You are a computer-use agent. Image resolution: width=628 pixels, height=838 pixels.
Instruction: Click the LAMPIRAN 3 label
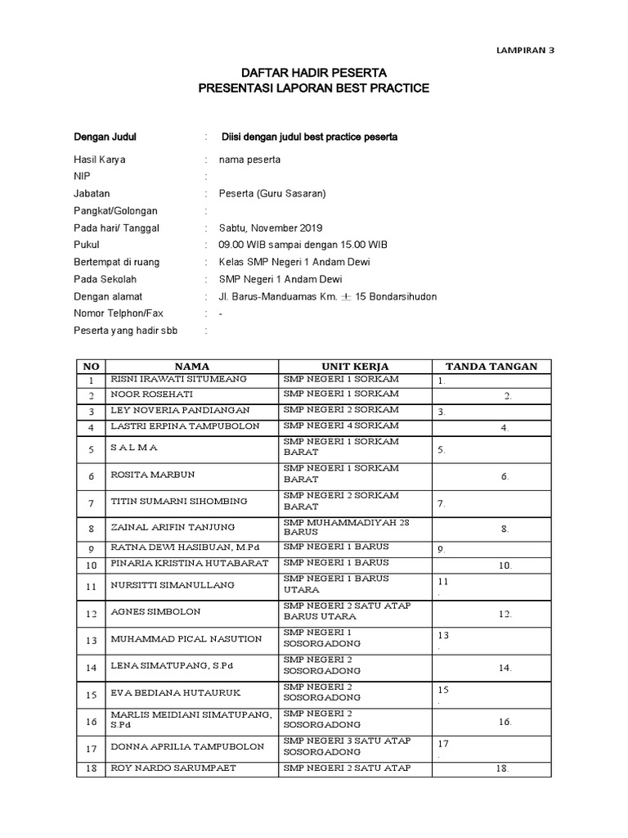pos(526,49)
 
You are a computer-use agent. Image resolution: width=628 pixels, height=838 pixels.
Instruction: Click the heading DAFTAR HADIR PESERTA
pos(314,73)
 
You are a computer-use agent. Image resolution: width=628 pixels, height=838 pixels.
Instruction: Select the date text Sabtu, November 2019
pos(271,228)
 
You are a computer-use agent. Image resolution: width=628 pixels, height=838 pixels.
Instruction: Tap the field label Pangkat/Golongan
pos(115,211)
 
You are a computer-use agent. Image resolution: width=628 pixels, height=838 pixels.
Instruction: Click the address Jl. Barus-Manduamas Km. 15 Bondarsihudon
pos(327,296)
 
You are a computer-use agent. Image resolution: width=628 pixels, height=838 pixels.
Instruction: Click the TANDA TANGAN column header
pos(491,366)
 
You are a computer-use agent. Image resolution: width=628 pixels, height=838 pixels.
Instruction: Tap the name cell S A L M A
pos(134,448)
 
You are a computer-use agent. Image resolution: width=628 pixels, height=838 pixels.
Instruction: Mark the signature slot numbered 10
pos(505,565)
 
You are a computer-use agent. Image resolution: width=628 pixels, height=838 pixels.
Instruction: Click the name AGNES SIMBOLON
pos(155,611)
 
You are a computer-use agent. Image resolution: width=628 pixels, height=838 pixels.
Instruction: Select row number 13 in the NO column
pos(92,640)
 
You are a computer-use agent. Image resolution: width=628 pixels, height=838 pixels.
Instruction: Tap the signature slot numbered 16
pos(505,722)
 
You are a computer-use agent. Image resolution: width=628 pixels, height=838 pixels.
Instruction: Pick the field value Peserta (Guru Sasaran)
pos(273,194)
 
